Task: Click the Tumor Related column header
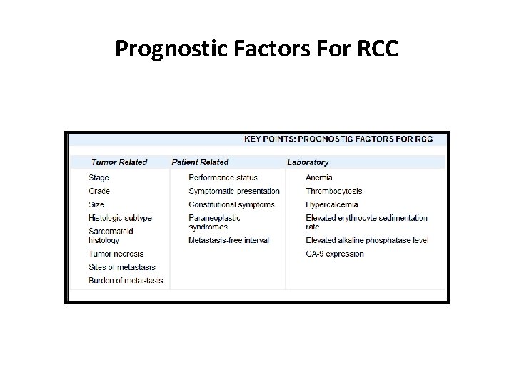tap(119, 162)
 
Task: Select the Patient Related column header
tap(200, 162)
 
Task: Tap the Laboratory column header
tap(308, 162)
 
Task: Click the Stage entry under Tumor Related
tap(99, 177)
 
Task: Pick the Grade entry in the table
tap(100, 191)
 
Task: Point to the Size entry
tap(96, 204)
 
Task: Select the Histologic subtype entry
tap(121, 217)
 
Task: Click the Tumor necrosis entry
tap(116, 254)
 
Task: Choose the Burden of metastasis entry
tap(126, 280)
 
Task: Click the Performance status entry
tap(223, 177)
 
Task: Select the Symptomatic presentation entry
tap(234, 191)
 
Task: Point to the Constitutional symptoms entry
tap(231, 204)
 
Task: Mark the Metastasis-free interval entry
tap(228, 240)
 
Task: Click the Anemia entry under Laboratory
tap(319, 177)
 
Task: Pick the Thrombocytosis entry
tap(334, 191)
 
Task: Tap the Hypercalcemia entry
tap(332, 204)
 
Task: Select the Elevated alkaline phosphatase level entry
tap(367, 240)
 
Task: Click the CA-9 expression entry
tap(335, 254)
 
